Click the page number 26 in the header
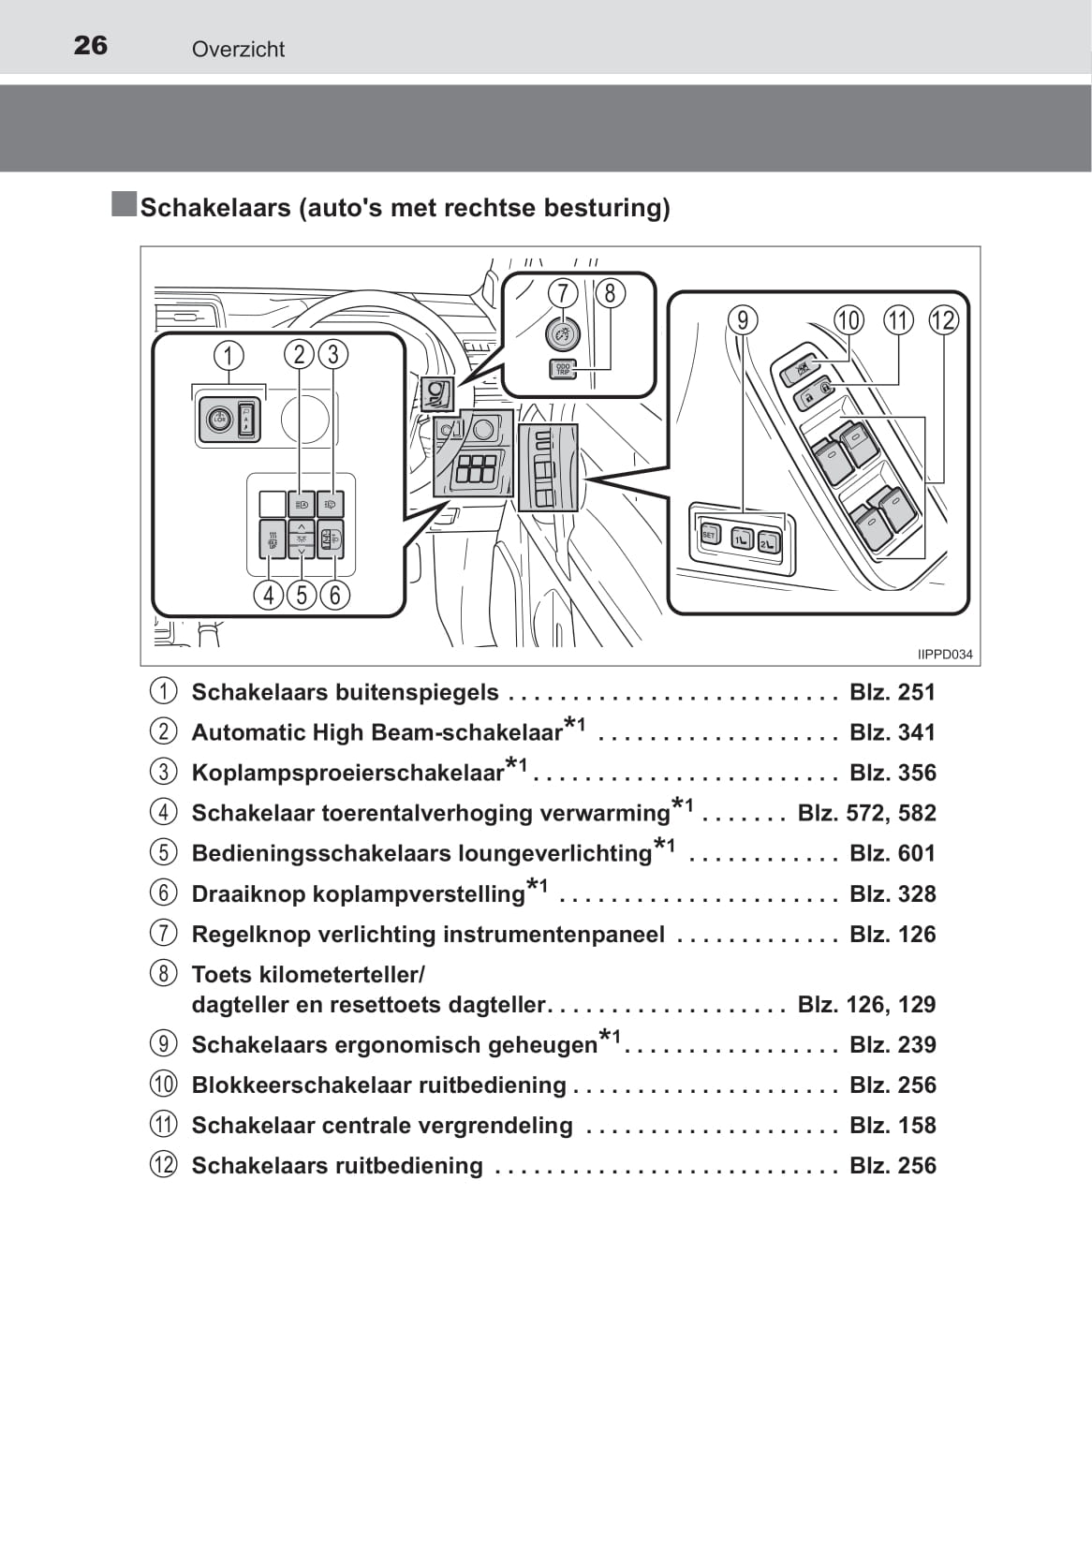pos(91,45)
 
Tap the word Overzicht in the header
pos(238,50)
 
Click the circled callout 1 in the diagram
pos(229,355)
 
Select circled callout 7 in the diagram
pos(562,293)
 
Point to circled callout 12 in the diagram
pos(943,320)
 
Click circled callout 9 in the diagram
pos(742,320)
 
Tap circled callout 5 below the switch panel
pos(302,595)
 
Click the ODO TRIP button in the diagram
pos(563,369)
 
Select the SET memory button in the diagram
pos(709,535)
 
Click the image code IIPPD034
pos(944,655)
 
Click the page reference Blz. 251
pos(893,692)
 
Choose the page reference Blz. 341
pos(893,732)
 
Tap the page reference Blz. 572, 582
pos(866,813)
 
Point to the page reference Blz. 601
pos(893,853)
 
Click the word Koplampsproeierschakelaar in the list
pos(348,773)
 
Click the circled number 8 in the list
pos(163,974)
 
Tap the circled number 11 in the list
pos(163,1125)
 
